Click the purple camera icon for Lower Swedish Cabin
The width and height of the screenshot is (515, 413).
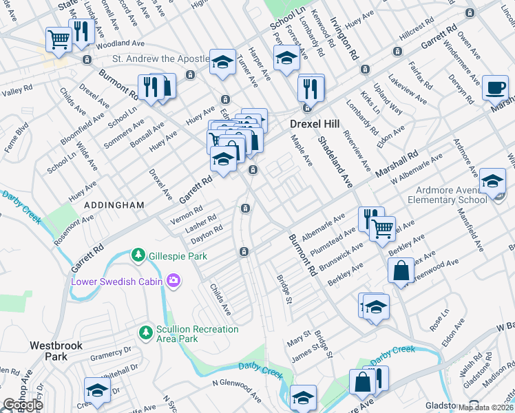tap(173, 280)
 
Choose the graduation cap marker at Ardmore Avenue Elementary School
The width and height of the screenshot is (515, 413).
tap(492, 181)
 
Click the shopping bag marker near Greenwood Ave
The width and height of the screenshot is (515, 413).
tap(401, 271)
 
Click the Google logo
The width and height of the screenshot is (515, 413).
tap(23, 405)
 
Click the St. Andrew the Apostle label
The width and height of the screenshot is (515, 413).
tap(151, 60)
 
